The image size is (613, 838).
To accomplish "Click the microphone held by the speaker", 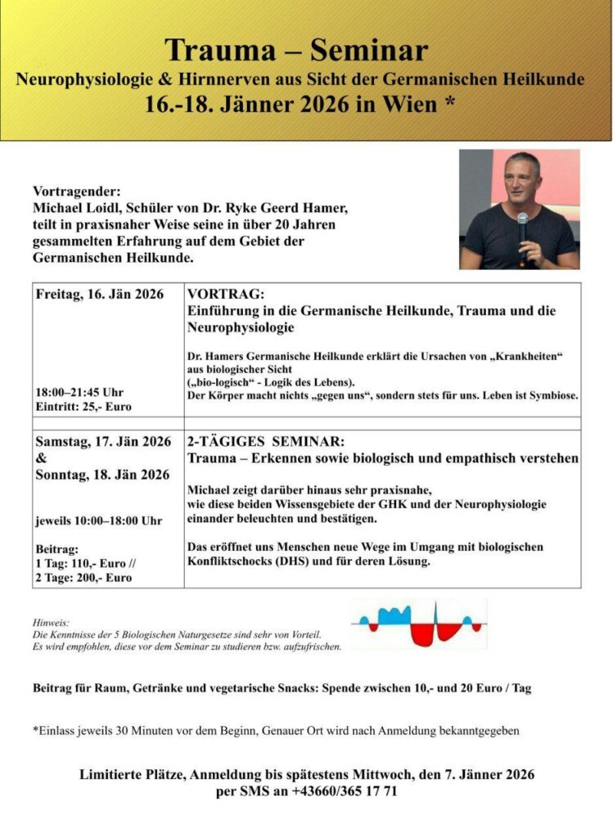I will [x=522, y=224].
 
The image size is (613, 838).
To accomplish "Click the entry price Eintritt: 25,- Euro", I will [x=83, y=407].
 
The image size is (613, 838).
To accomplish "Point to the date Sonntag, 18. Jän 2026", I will [x=103, y=475].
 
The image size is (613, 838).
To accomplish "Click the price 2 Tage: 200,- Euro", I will [x=84, y=578].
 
